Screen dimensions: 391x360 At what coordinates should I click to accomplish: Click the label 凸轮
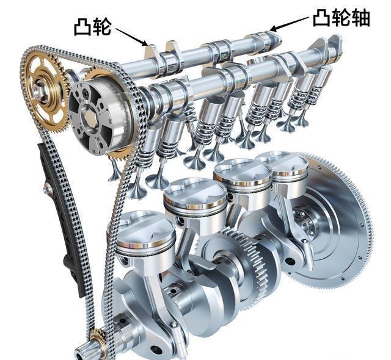coord(92,27)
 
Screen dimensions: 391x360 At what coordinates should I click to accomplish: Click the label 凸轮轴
coord(342,18)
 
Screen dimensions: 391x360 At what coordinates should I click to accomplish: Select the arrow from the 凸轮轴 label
coord(289,24)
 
